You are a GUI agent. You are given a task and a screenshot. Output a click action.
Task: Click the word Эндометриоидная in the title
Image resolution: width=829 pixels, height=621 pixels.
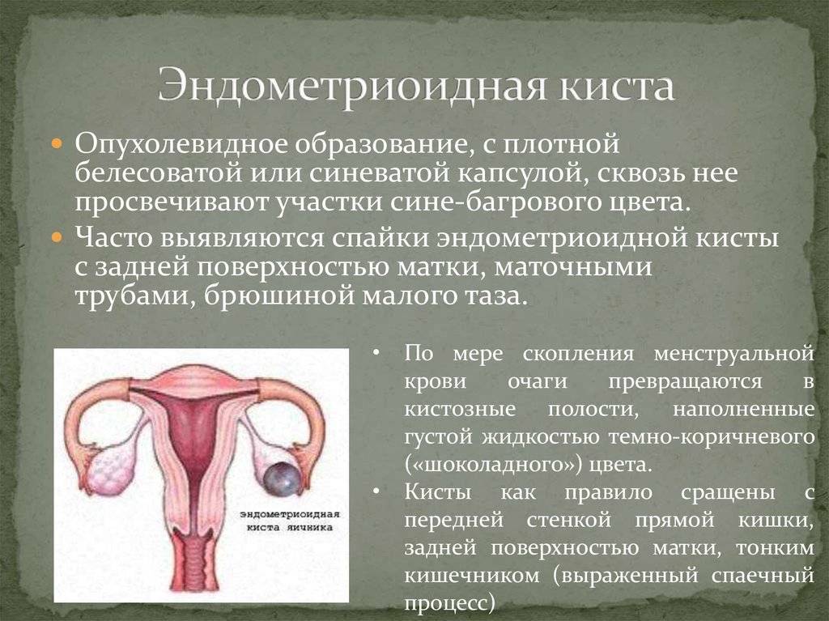coord(351,86)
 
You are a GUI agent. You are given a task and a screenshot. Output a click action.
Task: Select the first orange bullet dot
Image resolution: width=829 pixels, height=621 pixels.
coord(57,144)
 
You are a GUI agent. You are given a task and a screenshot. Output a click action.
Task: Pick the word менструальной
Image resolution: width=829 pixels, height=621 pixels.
coord(733,353)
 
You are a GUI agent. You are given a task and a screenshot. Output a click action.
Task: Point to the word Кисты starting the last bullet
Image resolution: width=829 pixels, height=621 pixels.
coord(438,492)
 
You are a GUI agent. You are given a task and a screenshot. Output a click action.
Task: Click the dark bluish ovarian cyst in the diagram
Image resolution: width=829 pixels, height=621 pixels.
coord(283,479)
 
